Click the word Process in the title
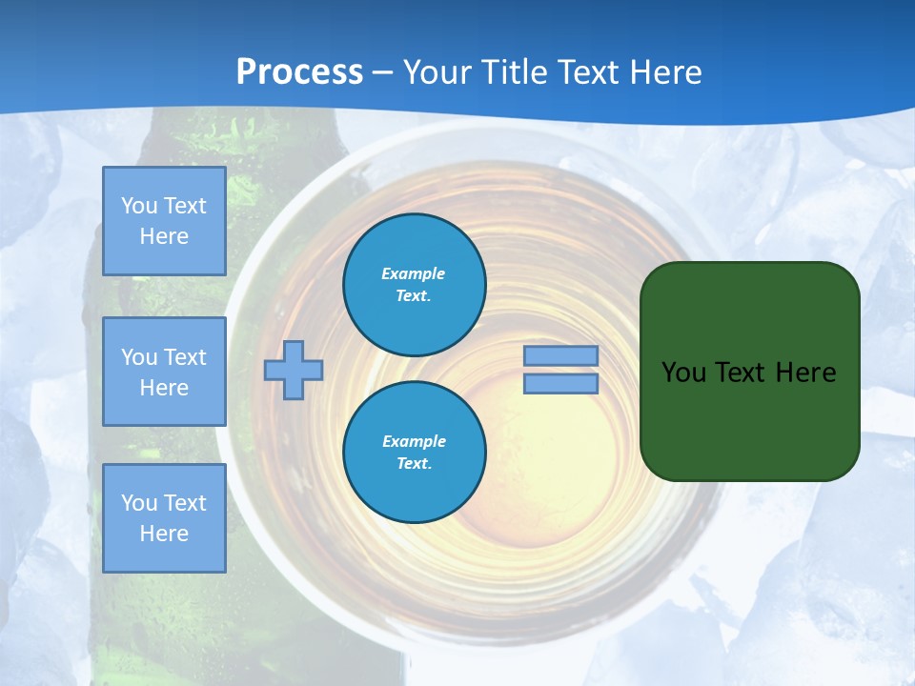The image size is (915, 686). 299,72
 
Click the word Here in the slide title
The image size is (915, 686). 664,72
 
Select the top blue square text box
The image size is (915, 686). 164,221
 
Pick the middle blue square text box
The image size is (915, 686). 164,372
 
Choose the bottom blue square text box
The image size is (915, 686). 164,517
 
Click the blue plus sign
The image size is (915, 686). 294,371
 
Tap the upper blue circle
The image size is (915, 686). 415,284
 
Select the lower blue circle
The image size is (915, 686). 415,452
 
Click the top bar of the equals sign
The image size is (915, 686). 560,355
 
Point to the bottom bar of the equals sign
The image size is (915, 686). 560,384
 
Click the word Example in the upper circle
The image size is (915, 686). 414,273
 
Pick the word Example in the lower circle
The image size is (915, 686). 414,441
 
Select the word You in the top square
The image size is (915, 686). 138,206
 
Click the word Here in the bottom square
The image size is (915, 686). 164,534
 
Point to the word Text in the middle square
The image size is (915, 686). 184,357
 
